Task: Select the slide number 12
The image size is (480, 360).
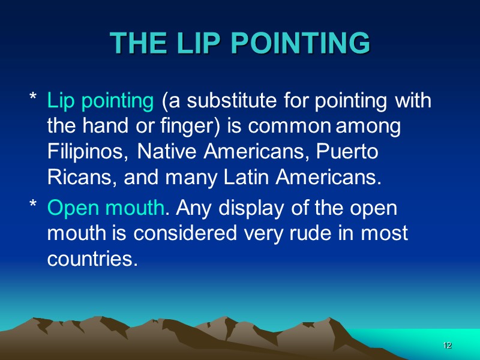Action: [447, 346]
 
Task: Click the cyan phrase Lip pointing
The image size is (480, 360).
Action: [100, 101]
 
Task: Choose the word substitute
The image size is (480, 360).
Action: [223, 101]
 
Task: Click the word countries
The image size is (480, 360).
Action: [89, 259]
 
